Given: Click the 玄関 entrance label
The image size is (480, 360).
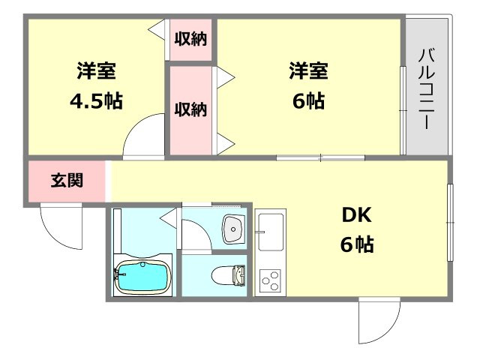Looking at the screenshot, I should (67, 181).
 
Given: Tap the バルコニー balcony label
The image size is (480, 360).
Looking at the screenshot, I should (427, 88).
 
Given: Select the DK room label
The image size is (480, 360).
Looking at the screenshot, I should (357, 215).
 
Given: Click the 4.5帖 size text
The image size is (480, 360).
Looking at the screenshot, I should (95, 101).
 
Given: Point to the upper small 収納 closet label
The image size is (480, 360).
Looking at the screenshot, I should (190, 38).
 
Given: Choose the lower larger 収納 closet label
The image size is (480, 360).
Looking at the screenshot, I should (190, 109).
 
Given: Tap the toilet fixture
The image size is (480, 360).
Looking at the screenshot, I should (229, 275).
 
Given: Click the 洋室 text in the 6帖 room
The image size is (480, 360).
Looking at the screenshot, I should (309, 72).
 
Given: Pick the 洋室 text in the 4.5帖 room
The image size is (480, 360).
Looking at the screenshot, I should (95, 73).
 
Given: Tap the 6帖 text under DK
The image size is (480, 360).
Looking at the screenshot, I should (357, 244).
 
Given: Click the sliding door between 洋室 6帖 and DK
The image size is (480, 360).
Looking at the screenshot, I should (320, 157).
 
